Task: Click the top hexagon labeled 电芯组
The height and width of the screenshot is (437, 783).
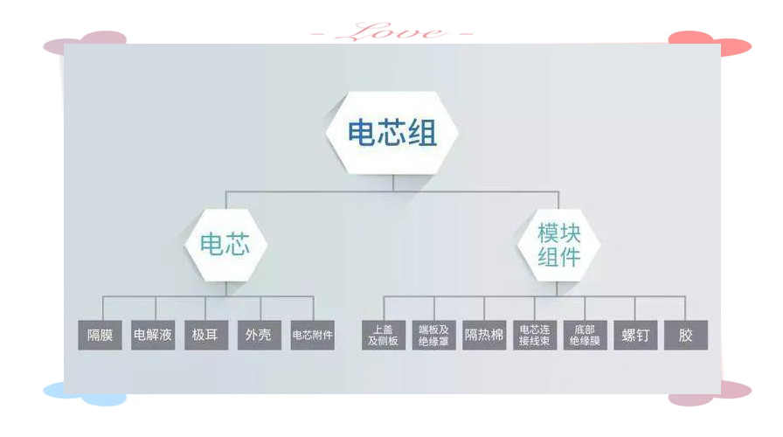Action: [x=392, y=133]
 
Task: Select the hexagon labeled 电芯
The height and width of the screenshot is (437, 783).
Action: [x=225, y=245]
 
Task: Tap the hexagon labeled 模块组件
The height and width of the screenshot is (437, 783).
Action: [x=558, y=245]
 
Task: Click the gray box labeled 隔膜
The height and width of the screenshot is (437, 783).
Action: [x=100, y=335]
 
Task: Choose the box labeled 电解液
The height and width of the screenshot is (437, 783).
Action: [x=153, y=335]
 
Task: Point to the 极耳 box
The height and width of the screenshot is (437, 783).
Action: [x=206, y=335]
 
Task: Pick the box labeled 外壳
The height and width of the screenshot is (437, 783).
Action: [x=260, y=335]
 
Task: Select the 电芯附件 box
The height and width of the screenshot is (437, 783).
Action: [x=313, y=335]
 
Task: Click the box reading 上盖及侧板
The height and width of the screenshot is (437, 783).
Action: [x=384, y=335]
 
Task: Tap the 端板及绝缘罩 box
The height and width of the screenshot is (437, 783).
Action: [x=434, y=335]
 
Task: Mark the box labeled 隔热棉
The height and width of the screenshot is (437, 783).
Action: [x=484, y=335]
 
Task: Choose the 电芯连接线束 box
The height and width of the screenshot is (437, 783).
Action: [x=535, y=335]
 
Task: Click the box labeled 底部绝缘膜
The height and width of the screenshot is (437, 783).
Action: [x=586, y=335]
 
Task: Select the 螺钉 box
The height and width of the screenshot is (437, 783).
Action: [x=635, y=335]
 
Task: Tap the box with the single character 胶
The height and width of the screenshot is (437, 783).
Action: [x=686, y=335]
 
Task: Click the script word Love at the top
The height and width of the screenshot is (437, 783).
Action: [x=391, y=32]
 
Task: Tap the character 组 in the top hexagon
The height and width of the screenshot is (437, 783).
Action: [x=423, y=134]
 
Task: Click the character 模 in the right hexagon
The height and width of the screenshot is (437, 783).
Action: [x=548, y=233]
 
